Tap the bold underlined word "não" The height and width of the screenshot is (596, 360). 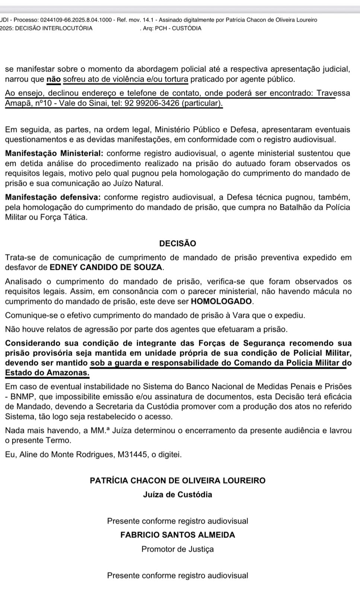pos(54,79)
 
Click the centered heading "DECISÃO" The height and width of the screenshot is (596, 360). pos(178,243)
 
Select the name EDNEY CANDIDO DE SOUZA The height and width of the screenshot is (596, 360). pos(106,267)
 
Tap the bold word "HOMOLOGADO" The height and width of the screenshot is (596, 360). pos(222,301)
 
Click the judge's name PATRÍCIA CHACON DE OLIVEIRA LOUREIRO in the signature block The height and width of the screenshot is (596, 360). pos(178,481)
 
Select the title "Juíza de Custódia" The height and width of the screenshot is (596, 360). pos(178,495)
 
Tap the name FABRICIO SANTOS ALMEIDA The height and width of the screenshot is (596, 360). pos(178,535)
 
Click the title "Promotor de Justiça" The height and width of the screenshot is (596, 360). pos(178,549)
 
